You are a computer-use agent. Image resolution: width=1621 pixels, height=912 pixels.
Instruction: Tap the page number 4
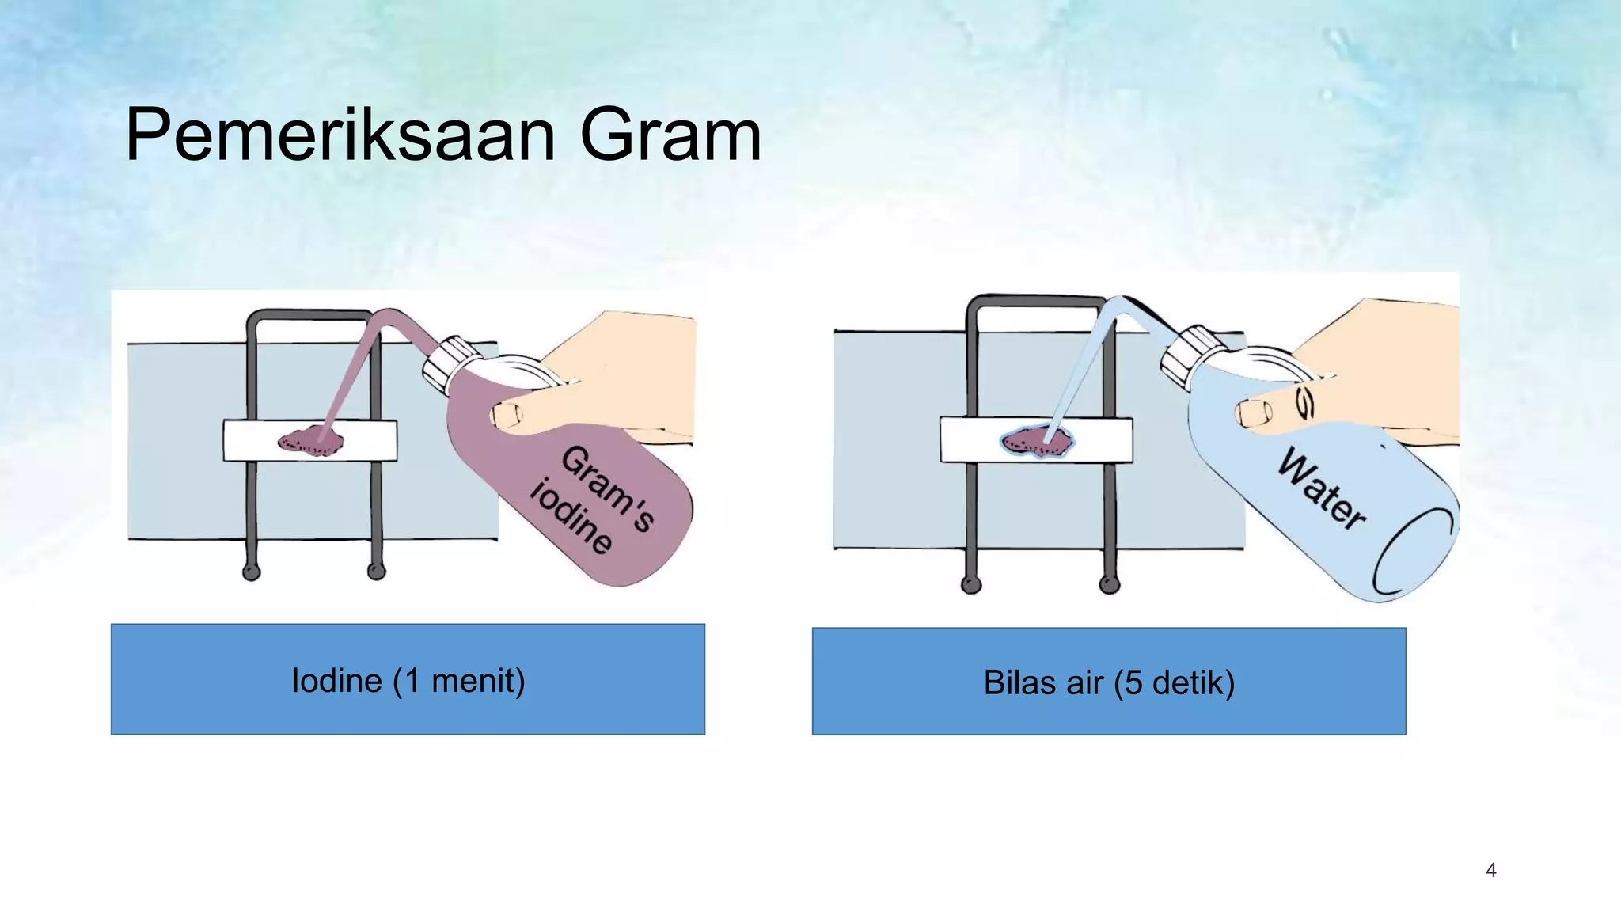click(x=1491, y=871)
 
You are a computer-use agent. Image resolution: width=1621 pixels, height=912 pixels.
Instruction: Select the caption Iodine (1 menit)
click(x=408, y=681)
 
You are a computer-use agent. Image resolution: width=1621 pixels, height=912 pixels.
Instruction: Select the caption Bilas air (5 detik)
click(x=1109, y=682)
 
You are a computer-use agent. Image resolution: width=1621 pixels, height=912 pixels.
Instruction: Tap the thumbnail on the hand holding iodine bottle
click(x=507, y=414)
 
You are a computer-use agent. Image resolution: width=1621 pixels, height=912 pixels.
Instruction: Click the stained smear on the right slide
click(x=1037, y=442)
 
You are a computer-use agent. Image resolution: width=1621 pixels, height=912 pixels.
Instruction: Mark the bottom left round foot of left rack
click(x=252, y=572)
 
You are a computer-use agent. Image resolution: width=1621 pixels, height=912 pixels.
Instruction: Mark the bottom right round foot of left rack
click(x=377, y=571)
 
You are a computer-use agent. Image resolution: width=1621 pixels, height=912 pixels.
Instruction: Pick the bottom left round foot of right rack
click(x=971, y=585)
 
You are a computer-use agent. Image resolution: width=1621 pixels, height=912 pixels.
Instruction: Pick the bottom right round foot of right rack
click(x=1110, y=585)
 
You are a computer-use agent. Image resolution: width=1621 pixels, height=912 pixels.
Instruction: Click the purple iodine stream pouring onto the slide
click(x=348, y=372)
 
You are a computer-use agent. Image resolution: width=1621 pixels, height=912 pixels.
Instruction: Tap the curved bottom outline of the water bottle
click(x=1401, y=554)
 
